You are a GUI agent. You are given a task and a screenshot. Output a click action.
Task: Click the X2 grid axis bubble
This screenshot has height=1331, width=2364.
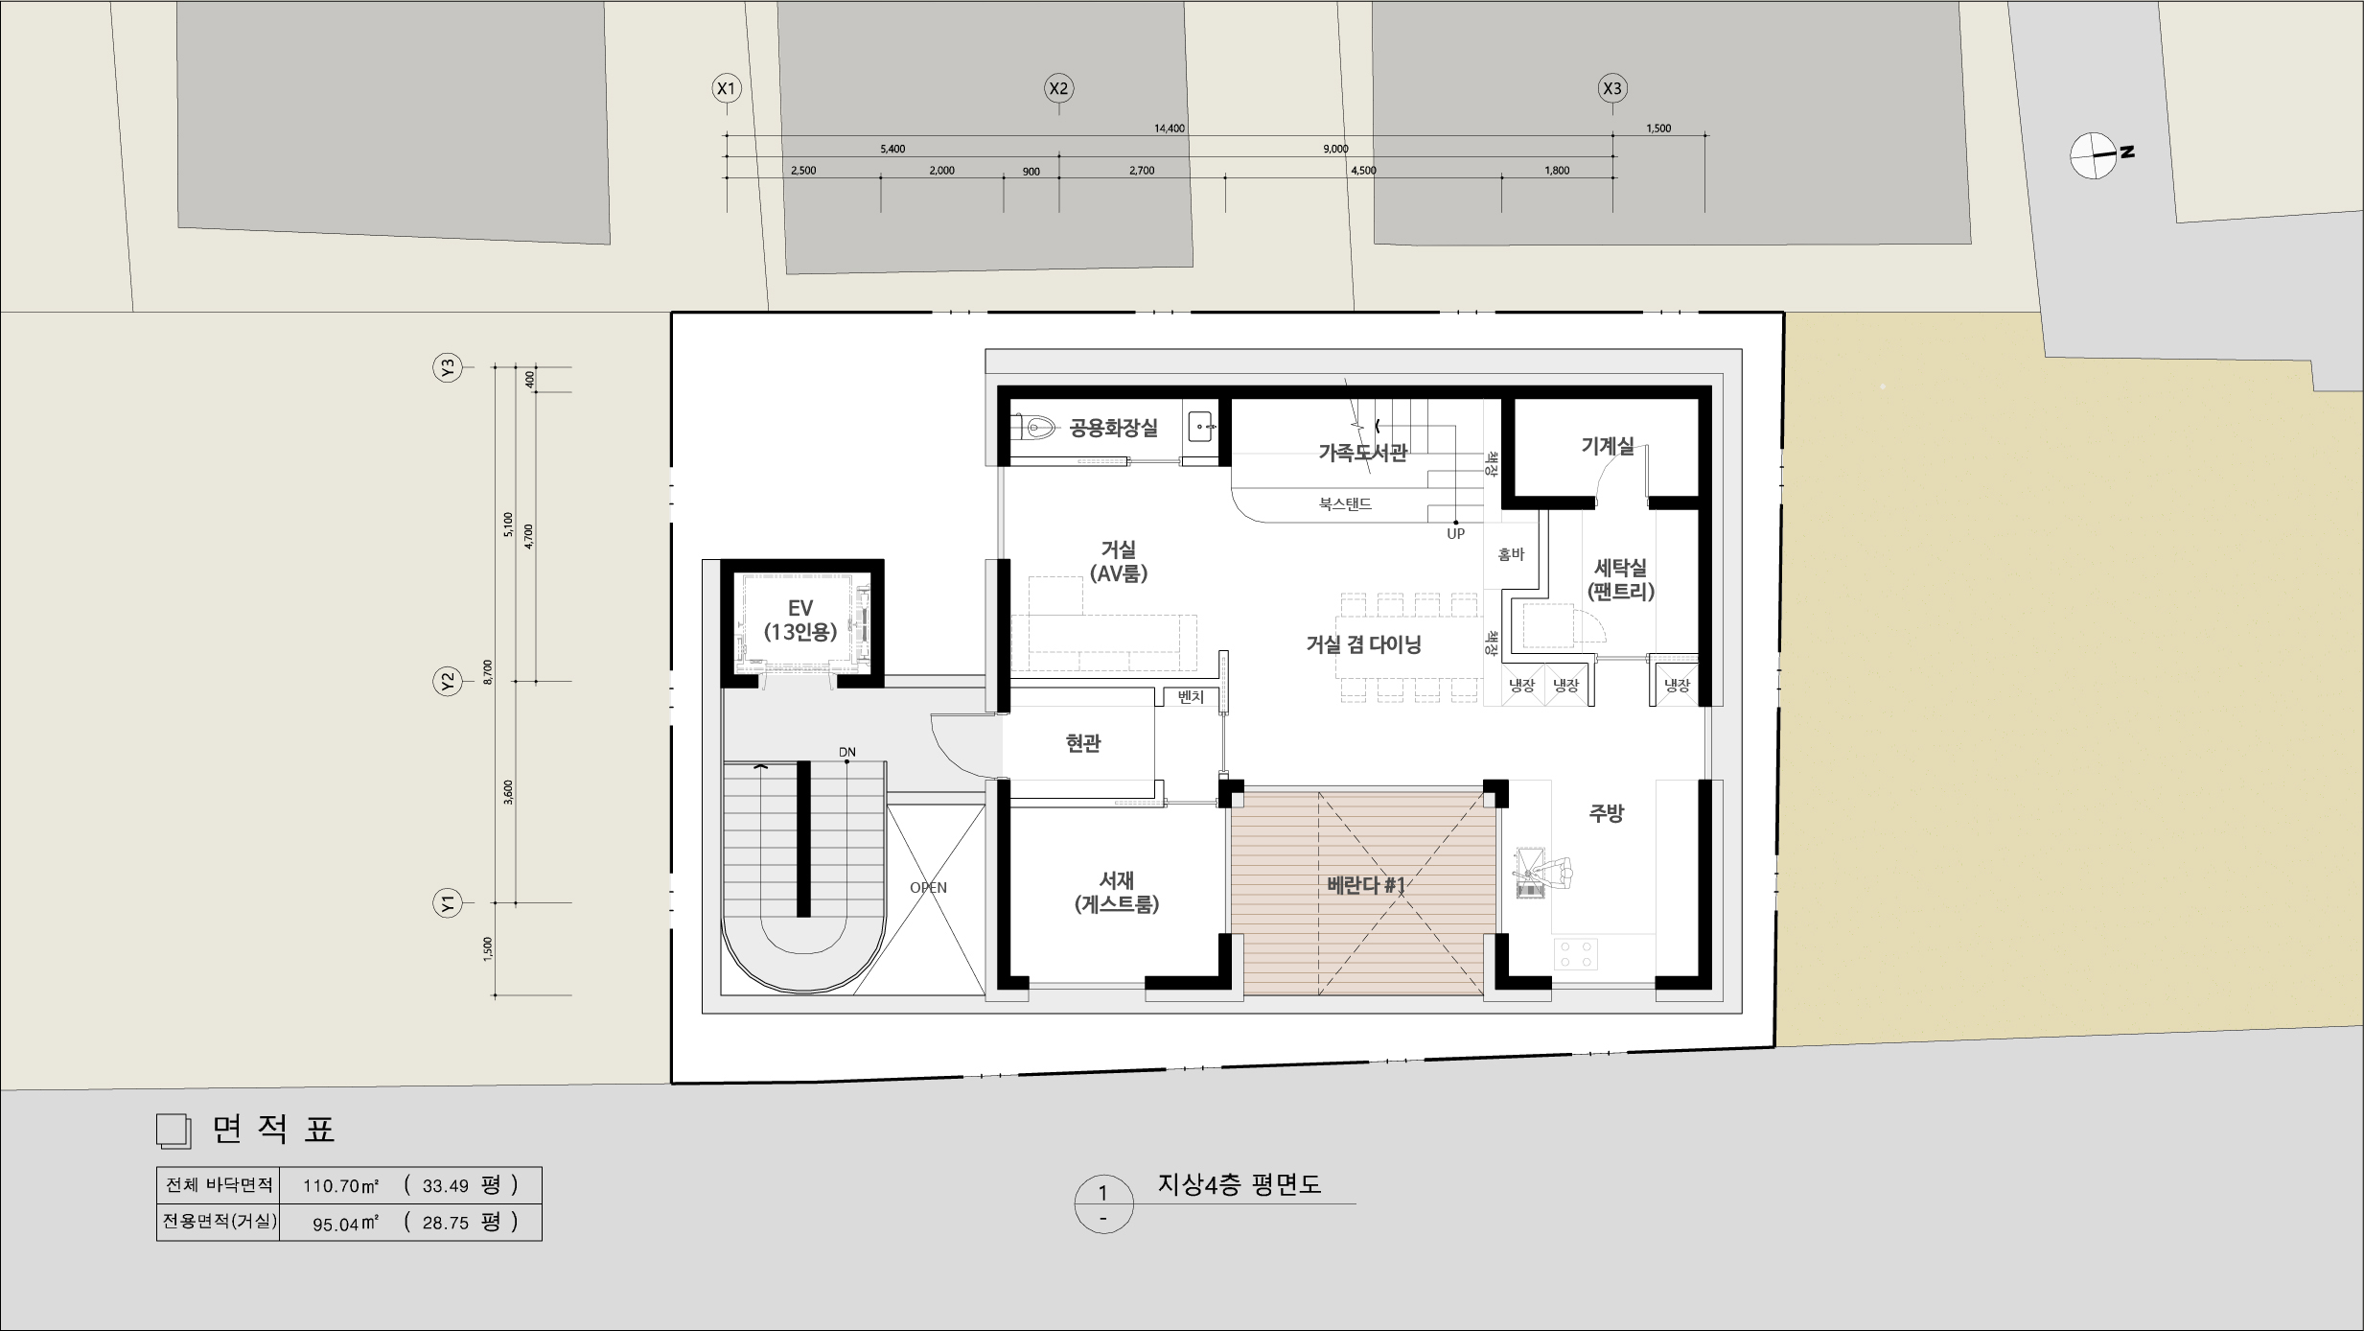click(x=1058, y=89)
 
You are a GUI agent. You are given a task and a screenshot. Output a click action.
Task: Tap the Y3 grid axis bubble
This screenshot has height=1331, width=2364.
click(x=448, y=367)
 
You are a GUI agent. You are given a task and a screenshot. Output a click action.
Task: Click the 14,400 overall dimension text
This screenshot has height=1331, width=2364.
click(x=1170, y=128)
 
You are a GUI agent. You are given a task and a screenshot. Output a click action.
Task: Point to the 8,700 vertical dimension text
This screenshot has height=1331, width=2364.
click(x=488, y=672)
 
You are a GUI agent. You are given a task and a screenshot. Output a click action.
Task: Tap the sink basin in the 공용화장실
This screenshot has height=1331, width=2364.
click(x=1202, y=425)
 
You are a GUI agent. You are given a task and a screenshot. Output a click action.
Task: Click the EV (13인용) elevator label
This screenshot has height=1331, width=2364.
click(x=800, y=619)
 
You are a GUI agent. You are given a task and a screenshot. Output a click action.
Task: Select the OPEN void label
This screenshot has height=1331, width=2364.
click(x=928, y=888)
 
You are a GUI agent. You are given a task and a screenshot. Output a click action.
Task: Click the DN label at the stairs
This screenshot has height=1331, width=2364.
click(x=847, y=752)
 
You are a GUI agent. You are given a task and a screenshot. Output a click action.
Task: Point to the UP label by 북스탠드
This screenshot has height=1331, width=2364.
click(x=1455, y=534)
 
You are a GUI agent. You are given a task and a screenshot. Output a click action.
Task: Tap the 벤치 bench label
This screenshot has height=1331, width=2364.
click(x=1190, y=698)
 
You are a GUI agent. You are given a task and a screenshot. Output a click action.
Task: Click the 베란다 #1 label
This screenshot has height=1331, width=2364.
click(x=1366, y=885)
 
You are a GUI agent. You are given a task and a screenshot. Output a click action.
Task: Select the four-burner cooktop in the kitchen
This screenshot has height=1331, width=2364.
click(x=1575, y=953)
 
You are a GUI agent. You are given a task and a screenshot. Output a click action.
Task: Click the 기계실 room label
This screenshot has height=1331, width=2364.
click(x=1608, y=446)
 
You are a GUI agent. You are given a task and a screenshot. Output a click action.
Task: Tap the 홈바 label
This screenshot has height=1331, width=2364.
click(x=1511, y=554)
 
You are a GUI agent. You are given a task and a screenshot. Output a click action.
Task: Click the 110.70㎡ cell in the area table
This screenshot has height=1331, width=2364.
click(x=341, y=1185)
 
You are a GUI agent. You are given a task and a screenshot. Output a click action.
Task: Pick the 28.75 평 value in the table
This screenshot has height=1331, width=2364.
click(x=460, y=1223)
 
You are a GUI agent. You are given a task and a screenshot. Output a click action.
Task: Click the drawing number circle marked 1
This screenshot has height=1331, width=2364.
click(x=1103, y=1204)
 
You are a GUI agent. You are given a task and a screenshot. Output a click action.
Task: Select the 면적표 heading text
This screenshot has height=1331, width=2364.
click(x=274, y=1130)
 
